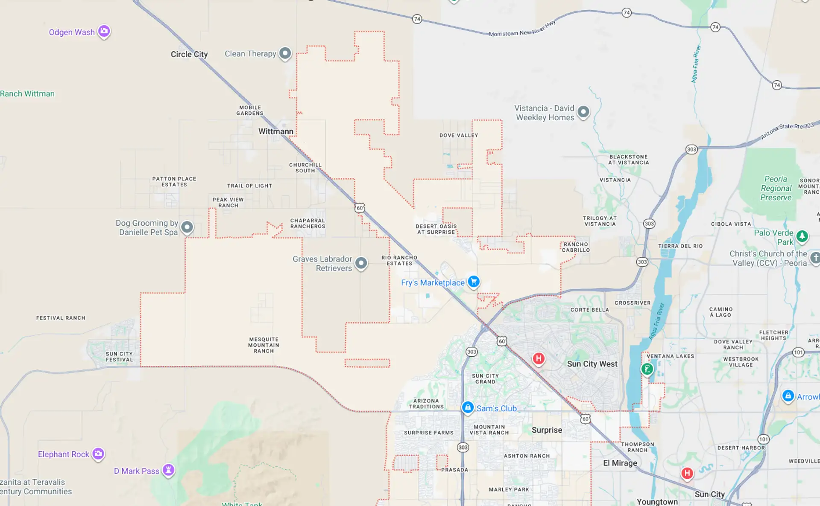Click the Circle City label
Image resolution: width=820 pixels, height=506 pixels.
point(189,54)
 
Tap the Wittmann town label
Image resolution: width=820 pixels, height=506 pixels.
point(275,131)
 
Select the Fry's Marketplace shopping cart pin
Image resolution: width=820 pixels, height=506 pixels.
point(473,282)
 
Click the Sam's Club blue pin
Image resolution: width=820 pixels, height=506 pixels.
point(468,407)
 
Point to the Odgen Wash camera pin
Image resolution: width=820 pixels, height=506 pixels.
point(104,31)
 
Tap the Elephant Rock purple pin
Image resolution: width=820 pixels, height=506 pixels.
point(98,454)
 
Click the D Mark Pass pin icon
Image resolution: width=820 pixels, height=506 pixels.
point(168,470)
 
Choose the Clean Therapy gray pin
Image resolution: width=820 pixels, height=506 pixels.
point(285,53)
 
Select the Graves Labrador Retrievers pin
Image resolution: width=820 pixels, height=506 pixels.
point(361,263)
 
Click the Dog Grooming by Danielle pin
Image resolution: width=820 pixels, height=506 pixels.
point(187,227)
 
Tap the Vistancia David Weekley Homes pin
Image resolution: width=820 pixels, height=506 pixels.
point(583,112)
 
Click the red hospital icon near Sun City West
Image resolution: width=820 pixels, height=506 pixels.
point(539,359)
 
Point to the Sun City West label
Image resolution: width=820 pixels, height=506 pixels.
point(592,364)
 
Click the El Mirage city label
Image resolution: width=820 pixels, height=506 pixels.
point(620,463)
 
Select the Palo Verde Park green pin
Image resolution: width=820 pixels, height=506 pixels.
point(802,236)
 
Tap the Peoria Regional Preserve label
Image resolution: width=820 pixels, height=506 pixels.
point(776,188)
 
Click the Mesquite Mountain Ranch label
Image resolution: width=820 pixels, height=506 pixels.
point(264,345)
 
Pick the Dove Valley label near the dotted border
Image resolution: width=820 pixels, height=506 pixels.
point(459,135)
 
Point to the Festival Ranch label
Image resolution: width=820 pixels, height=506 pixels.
point(61,318)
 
